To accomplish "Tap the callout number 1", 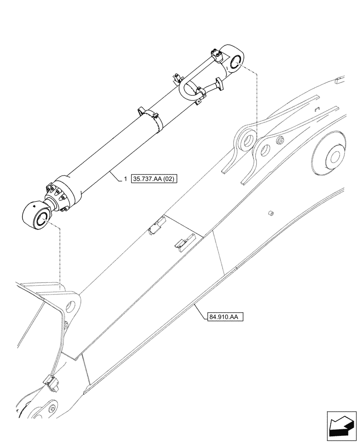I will pyautogui.click(x=125, y=179).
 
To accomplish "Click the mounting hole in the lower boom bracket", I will pyautogui.click(x=70, y=306).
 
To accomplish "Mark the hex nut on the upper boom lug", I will pyautogui.click(x=280, y=141).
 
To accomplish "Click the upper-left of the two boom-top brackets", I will pyautogui.click(x=156, y=225).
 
